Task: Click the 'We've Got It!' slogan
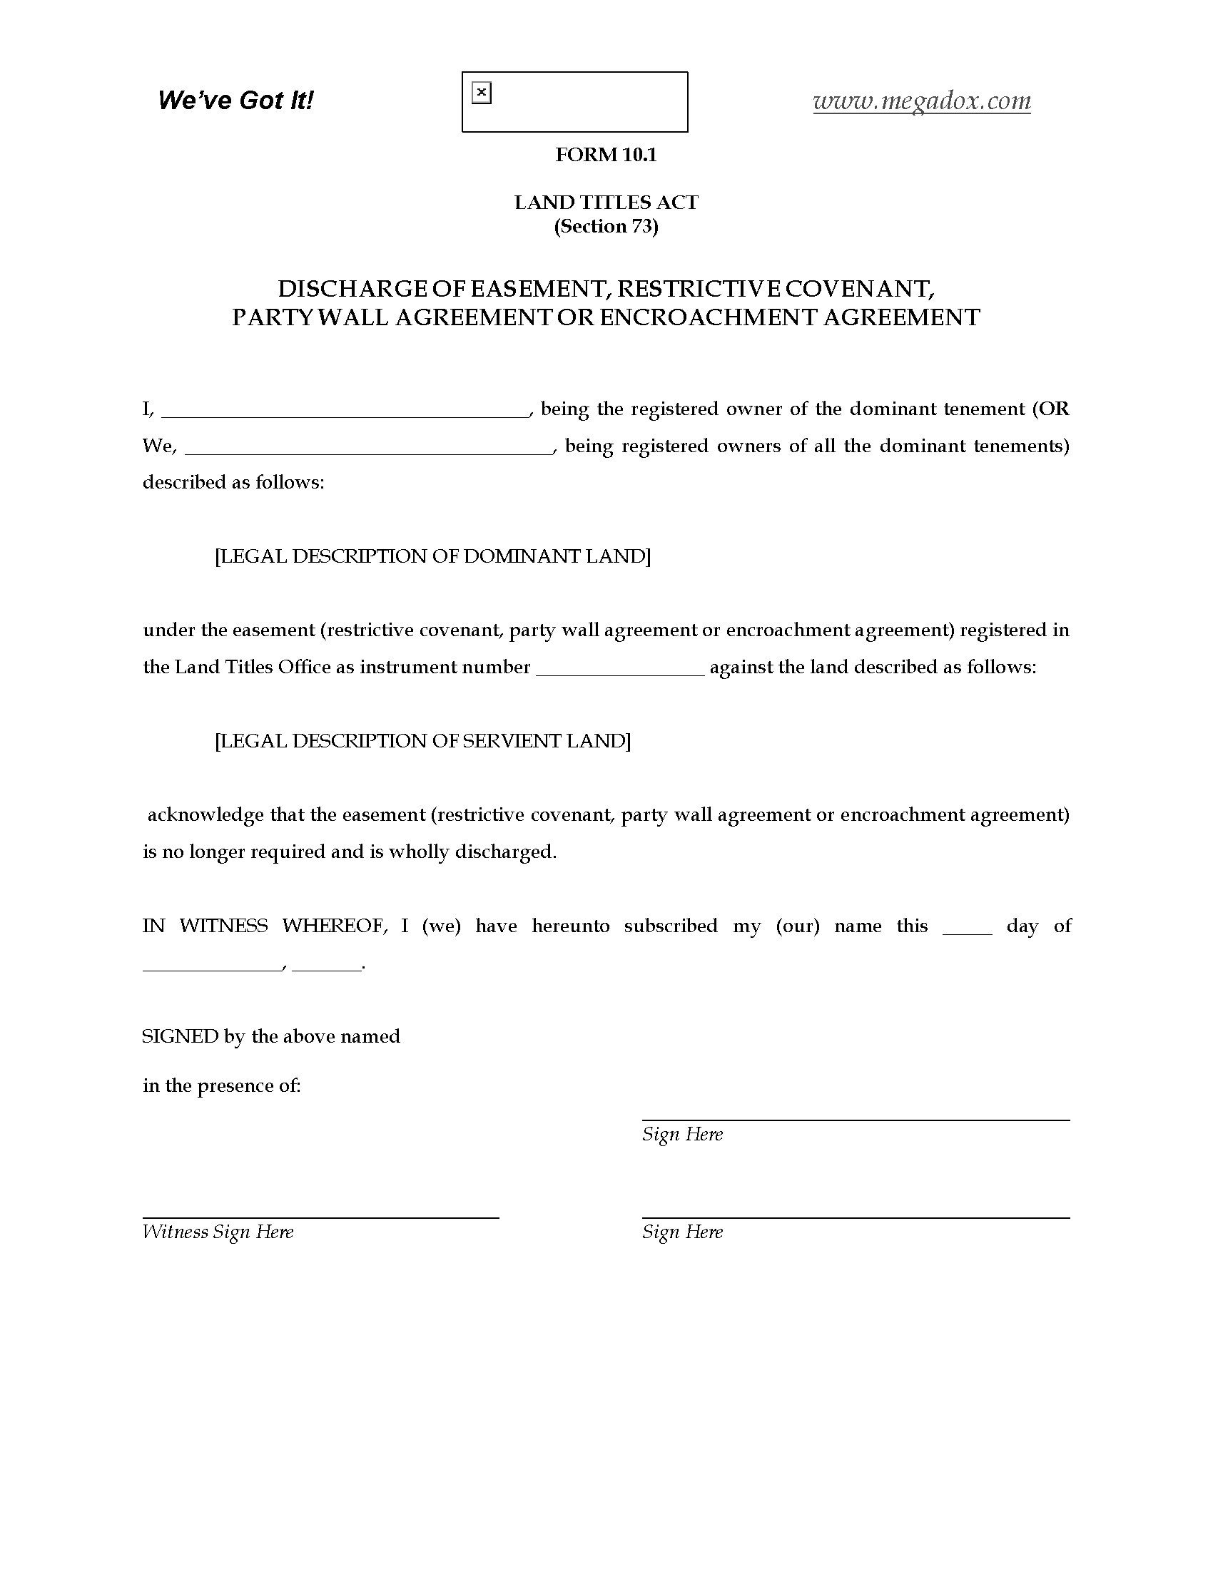pyautogui.click(x=235, y=101)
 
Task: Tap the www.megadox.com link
pyautogui.click(x=921, y=101)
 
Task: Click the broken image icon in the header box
pyautogui.click(x=482, y=93)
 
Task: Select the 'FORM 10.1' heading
pyautogui.click(x=606, y=155)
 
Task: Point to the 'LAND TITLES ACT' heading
pyautogui.click(x=606, y=203)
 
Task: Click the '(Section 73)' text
pyautogui.click(x=606, y=226)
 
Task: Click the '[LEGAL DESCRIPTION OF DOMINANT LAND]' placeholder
pyautogui.click(x=432, y=556)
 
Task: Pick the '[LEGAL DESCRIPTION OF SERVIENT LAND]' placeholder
pyautogui.click(x=422, y=741)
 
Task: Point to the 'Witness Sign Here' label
pyautogui.click(x=218, y=1232)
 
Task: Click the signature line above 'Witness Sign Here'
pyautogui.click(x=320, y=1217)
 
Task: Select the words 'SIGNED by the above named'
pyautogui.click(x=271, y=1037)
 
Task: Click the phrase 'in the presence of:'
pyautogui.click(x=221, y=1085)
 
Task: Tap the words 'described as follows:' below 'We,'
pyautogui.click(x=233, y=482)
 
